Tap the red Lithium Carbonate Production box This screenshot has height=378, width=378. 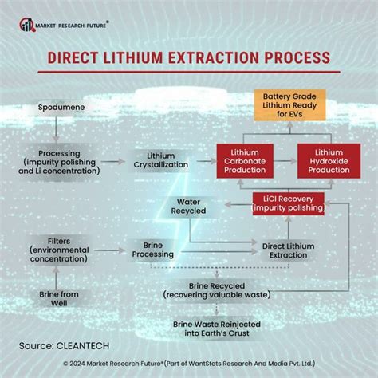tap(246, 160)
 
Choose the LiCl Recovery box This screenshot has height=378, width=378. tap(288, 203)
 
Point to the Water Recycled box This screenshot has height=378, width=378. tap(189, 206)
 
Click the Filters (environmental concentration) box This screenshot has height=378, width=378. tap(57, 247)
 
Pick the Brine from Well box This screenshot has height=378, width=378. tap(57, 300)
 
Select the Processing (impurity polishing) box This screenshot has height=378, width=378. tap(57, 160)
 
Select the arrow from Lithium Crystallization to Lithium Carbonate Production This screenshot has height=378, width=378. tap(205, 160)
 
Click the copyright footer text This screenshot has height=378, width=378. tap(189, 364)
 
